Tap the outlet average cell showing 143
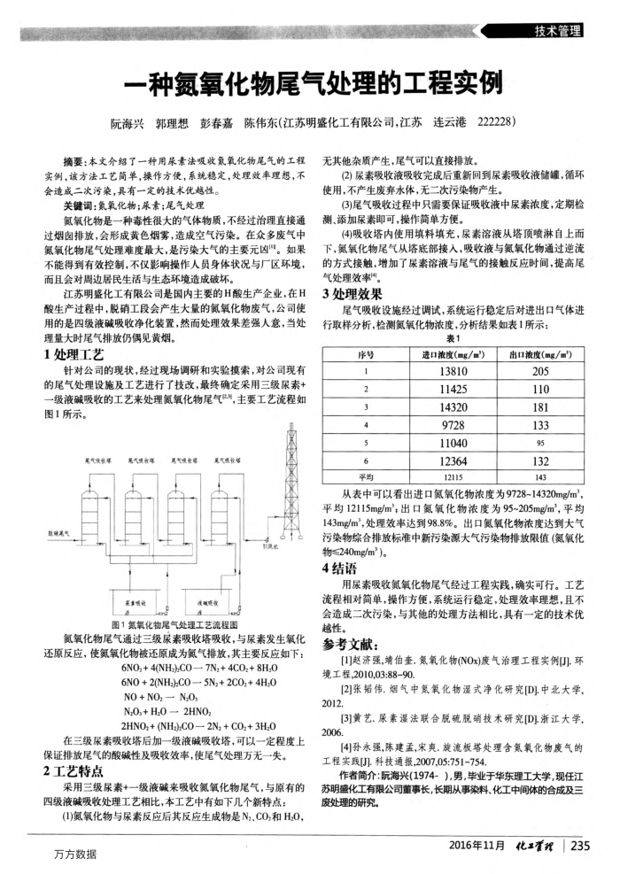(x=541, y=476)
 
